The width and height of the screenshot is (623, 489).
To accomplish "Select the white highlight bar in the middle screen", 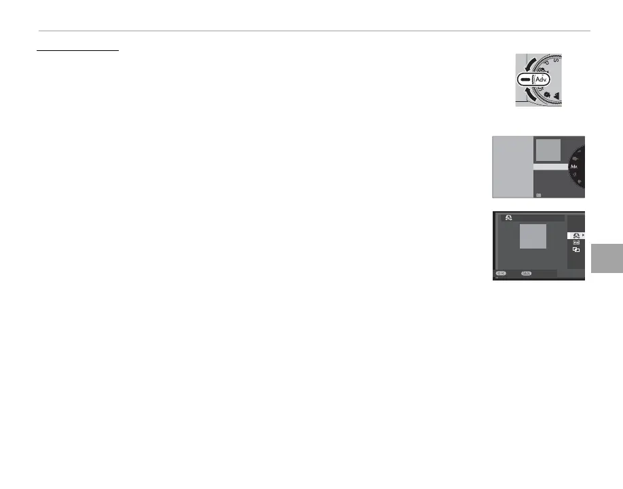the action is pos(550,166).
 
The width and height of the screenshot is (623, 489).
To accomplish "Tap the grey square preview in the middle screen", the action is pos(548,150).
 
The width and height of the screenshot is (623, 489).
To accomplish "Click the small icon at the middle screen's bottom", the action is pos(538,194).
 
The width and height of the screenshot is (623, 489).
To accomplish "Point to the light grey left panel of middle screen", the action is pos(512,166).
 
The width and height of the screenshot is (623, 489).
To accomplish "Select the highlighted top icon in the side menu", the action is pos(575,235).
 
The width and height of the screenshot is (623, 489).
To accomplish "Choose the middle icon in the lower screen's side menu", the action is pos(575,242).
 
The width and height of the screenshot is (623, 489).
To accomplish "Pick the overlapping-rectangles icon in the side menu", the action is pos(575,250).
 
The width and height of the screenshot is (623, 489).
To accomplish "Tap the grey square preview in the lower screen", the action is pos(533,238).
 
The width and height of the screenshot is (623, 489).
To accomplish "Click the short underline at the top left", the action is pos(77,49).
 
